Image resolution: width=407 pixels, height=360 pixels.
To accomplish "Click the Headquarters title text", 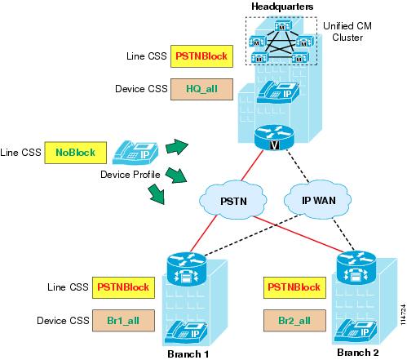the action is pos(282,7).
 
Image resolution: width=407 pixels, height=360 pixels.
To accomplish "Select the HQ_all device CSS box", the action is pos(201,89).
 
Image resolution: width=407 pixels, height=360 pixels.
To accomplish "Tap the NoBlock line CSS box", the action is pos(75,153).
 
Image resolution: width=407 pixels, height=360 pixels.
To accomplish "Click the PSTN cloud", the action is pos(233,200).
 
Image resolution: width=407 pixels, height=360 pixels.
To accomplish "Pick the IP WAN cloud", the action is pos(318,199).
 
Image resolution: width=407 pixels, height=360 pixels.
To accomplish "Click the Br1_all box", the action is pos(123,321).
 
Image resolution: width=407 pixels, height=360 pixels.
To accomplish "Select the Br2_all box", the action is pos(294,321).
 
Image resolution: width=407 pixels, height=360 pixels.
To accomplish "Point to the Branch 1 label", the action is pos(188,354).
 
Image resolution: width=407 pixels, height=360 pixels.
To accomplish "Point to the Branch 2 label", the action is pos(358,353).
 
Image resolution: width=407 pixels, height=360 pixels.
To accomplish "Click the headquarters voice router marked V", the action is pos(275,137).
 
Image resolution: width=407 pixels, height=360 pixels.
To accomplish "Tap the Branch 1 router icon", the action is pos(187,269).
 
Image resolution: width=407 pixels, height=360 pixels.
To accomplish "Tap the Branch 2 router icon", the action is pos(356,267).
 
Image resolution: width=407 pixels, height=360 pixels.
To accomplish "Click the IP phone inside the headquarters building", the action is pos(278,92).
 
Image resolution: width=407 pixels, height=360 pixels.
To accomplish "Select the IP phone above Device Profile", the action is pos(135,153).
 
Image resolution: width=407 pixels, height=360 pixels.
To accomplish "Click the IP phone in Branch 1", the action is pos(187,333).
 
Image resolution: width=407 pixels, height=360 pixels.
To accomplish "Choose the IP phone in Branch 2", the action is pos(356,331).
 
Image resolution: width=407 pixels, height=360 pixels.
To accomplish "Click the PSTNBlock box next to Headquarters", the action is pos(201,56).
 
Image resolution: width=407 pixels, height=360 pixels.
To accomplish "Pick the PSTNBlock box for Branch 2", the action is pos(294,287).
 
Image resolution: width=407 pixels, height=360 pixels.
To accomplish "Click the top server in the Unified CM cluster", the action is pos(283,26).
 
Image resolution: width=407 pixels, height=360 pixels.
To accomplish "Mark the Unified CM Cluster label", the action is pos(347,32).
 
